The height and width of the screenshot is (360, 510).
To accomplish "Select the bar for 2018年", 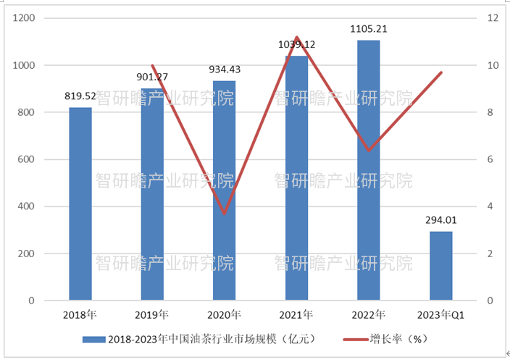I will click(80, 204).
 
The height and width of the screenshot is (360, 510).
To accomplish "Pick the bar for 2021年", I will click(296, 178).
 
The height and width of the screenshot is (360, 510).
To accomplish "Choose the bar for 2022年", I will click(368, 170).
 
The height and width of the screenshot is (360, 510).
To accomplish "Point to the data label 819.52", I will click(80, 96).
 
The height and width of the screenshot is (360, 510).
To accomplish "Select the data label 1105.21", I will click(368, 29).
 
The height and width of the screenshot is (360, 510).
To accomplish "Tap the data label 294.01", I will click(440, 219).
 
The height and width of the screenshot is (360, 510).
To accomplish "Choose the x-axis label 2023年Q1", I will click(440, 315).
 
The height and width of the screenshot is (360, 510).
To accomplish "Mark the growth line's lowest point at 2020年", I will click(225, 214).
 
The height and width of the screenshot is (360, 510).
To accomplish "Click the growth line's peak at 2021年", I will click(297, 37).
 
